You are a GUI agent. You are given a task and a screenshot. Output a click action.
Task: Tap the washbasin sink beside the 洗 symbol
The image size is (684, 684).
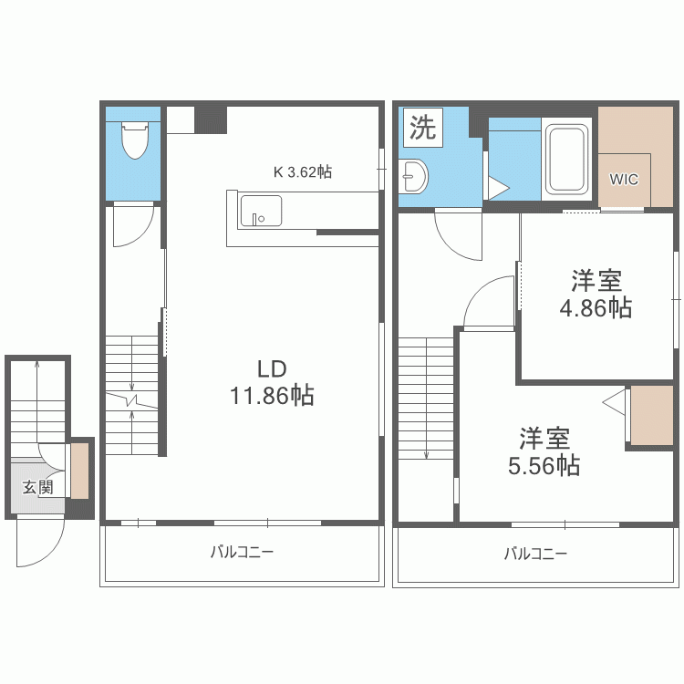click(413, 175)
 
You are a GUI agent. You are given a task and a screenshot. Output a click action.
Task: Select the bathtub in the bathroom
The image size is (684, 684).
click(567, 161)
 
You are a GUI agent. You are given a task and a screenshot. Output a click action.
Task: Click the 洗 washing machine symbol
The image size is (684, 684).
click(421, 128)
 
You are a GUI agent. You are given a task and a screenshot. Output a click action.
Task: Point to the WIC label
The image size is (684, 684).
click(624, 179)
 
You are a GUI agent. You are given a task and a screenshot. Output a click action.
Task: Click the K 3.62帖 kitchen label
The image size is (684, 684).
click(303, 171)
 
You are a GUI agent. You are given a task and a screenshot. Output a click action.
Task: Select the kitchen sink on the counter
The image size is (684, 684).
click(260, 212)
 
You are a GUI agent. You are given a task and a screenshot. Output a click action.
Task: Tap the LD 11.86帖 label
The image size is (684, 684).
click(272, 382)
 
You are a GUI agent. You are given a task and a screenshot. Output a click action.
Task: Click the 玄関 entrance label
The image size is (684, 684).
click(37, 487)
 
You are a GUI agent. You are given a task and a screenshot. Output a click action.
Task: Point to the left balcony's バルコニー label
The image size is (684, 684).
click(242, 552)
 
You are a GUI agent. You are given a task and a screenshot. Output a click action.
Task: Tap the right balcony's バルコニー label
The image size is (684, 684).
click(535, 554)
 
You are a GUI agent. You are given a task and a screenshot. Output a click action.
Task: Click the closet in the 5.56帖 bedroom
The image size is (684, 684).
click(651, 416)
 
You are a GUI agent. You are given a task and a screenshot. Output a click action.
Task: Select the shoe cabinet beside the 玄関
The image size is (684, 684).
click(80, 470)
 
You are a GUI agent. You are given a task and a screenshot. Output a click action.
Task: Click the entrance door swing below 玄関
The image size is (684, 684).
click(40, 544)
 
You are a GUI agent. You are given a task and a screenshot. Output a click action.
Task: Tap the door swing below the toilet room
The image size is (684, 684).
click(132, 226)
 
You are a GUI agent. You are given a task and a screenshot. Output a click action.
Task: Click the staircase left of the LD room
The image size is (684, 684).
click(132, 392)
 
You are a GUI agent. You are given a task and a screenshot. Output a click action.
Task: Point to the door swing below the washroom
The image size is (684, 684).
click(457, 233)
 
